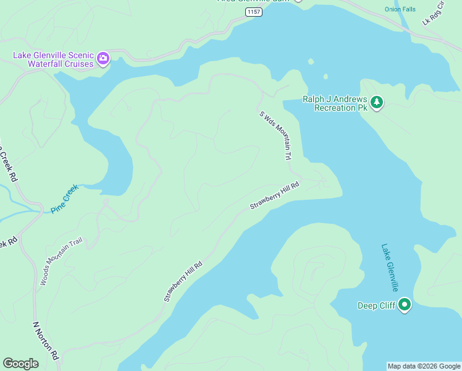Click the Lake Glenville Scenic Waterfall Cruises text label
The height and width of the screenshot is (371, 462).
[x=53, y=59]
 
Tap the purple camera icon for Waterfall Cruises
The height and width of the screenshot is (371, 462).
[x=103, y=59]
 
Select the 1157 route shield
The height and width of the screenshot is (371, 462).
[x=253, y=12]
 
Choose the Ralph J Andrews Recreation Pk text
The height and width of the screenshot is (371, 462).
[x=335, y=103]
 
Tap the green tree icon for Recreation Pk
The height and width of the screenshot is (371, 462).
[x=377, y=103]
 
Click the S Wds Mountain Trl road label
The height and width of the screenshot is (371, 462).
[x=275, y=135]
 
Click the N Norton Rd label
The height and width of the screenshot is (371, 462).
[x=46, y=341]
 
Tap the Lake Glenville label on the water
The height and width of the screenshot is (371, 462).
[x=389, y=267]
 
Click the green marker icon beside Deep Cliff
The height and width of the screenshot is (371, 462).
[x=405, y=304]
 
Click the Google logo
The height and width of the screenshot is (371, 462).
[x=21, y=364]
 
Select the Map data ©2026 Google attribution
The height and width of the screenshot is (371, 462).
[x=424, y=366]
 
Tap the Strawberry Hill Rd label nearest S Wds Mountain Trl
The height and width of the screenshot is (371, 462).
[x=275, y=195]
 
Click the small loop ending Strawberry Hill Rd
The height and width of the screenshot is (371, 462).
[x=321, y=182]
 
